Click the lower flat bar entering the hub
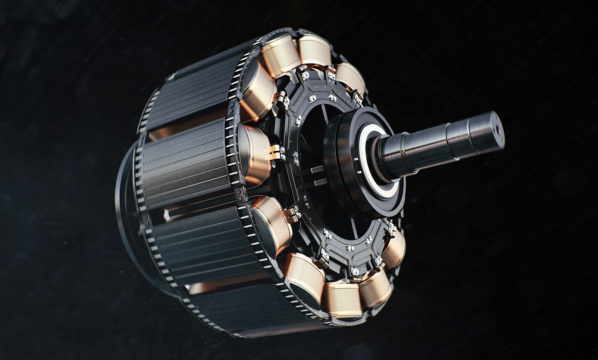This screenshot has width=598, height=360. (315, 184)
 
